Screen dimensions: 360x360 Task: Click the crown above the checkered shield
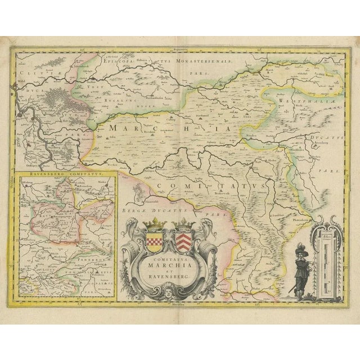pos(154,225)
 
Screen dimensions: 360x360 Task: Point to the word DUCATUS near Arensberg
pos(322,136)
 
